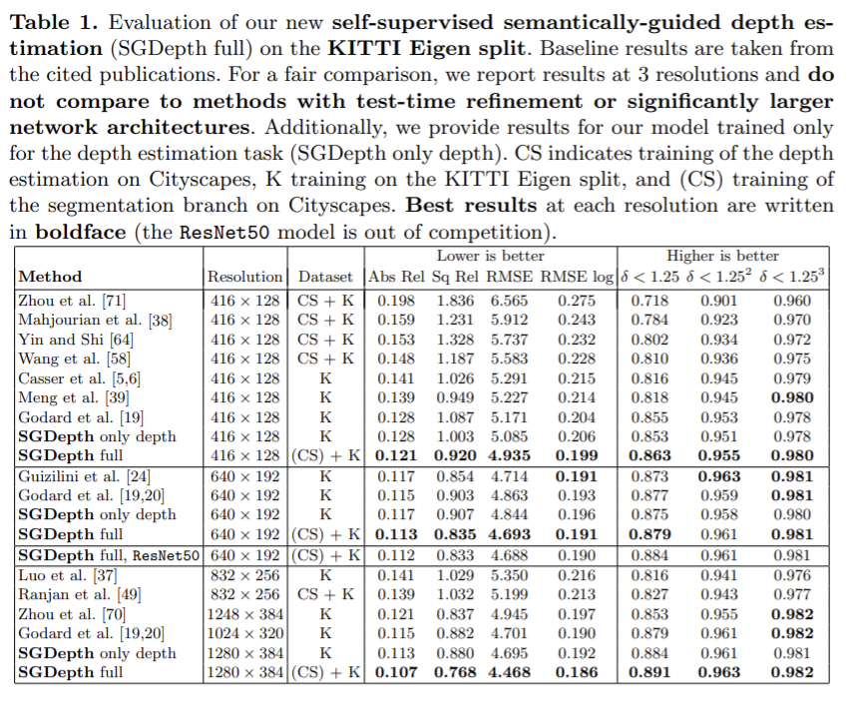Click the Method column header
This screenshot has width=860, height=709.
[x=50, y=277]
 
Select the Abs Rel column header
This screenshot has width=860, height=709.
[x=396, y=277]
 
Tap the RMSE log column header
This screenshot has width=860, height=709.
[x=578, y=277]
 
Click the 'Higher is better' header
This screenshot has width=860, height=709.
[x=722, y=257]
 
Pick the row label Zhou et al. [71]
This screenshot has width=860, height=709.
[x=72, y=301]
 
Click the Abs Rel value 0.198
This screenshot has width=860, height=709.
[x=396, y=301]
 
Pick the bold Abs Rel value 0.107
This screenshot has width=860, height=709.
[x=396, y=673]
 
